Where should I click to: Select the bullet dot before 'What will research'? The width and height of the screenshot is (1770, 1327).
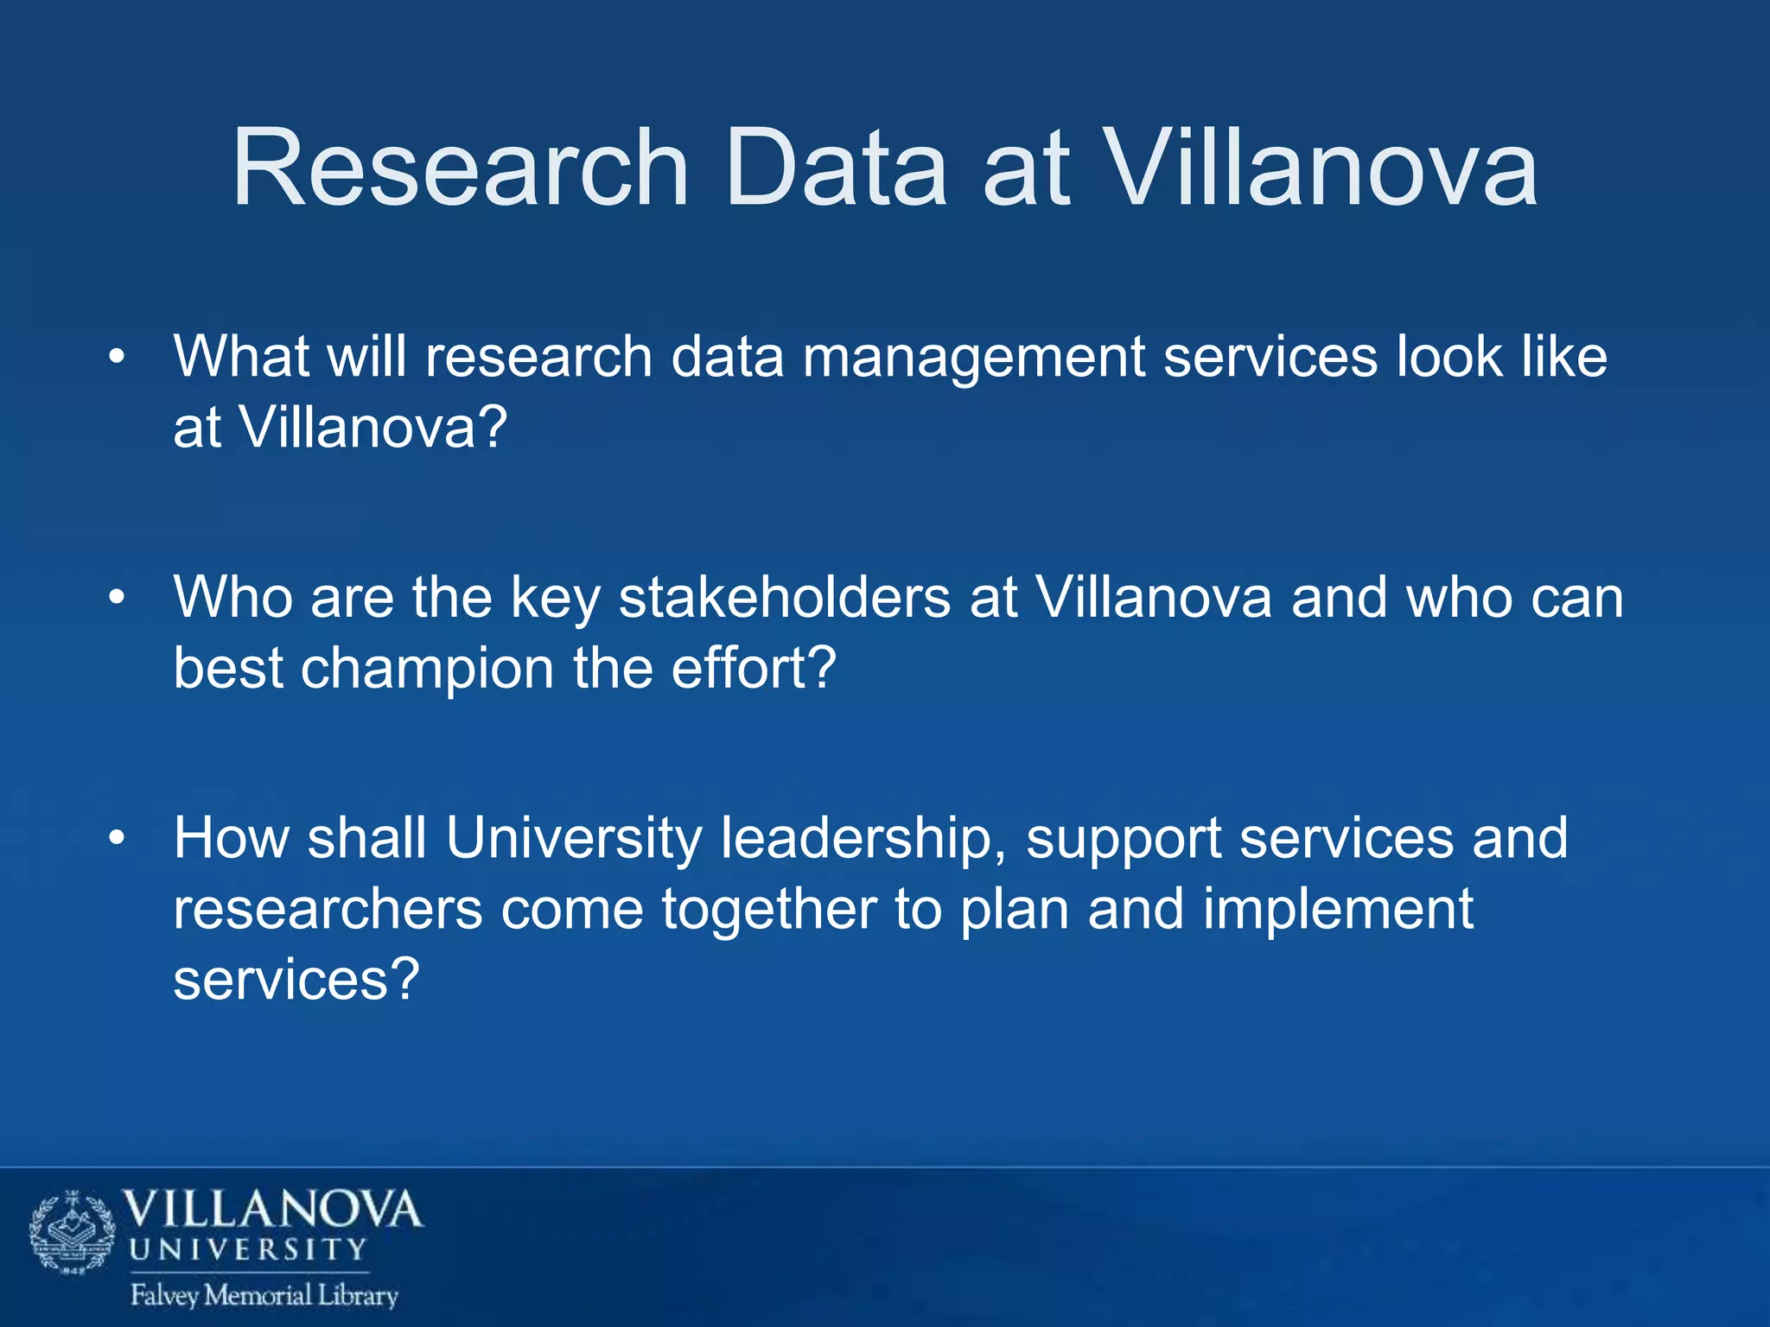pos(118,357)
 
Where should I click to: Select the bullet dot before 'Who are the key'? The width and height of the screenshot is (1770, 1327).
pos(118,598)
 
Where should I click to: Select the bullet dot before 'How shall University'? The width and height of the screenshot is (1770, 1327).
pos(118,839)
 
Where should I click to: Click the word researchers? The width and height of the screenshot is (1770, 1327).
pos(328,911)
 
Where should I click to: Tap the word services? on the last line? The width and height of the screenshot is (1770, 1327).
pos(296,981)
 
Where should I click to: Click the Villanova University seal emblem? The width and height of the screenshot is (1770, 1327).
pos(73,1233)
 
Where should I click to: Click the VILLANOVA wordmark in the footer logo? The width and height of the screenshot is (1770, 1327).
pos(273,1210)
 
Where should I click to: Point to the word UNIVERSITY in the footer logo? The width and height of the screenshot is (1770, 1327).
pos(249,1249)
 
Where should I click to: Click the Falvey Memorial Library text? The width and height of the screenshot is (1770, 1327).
pos(264,1295)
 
